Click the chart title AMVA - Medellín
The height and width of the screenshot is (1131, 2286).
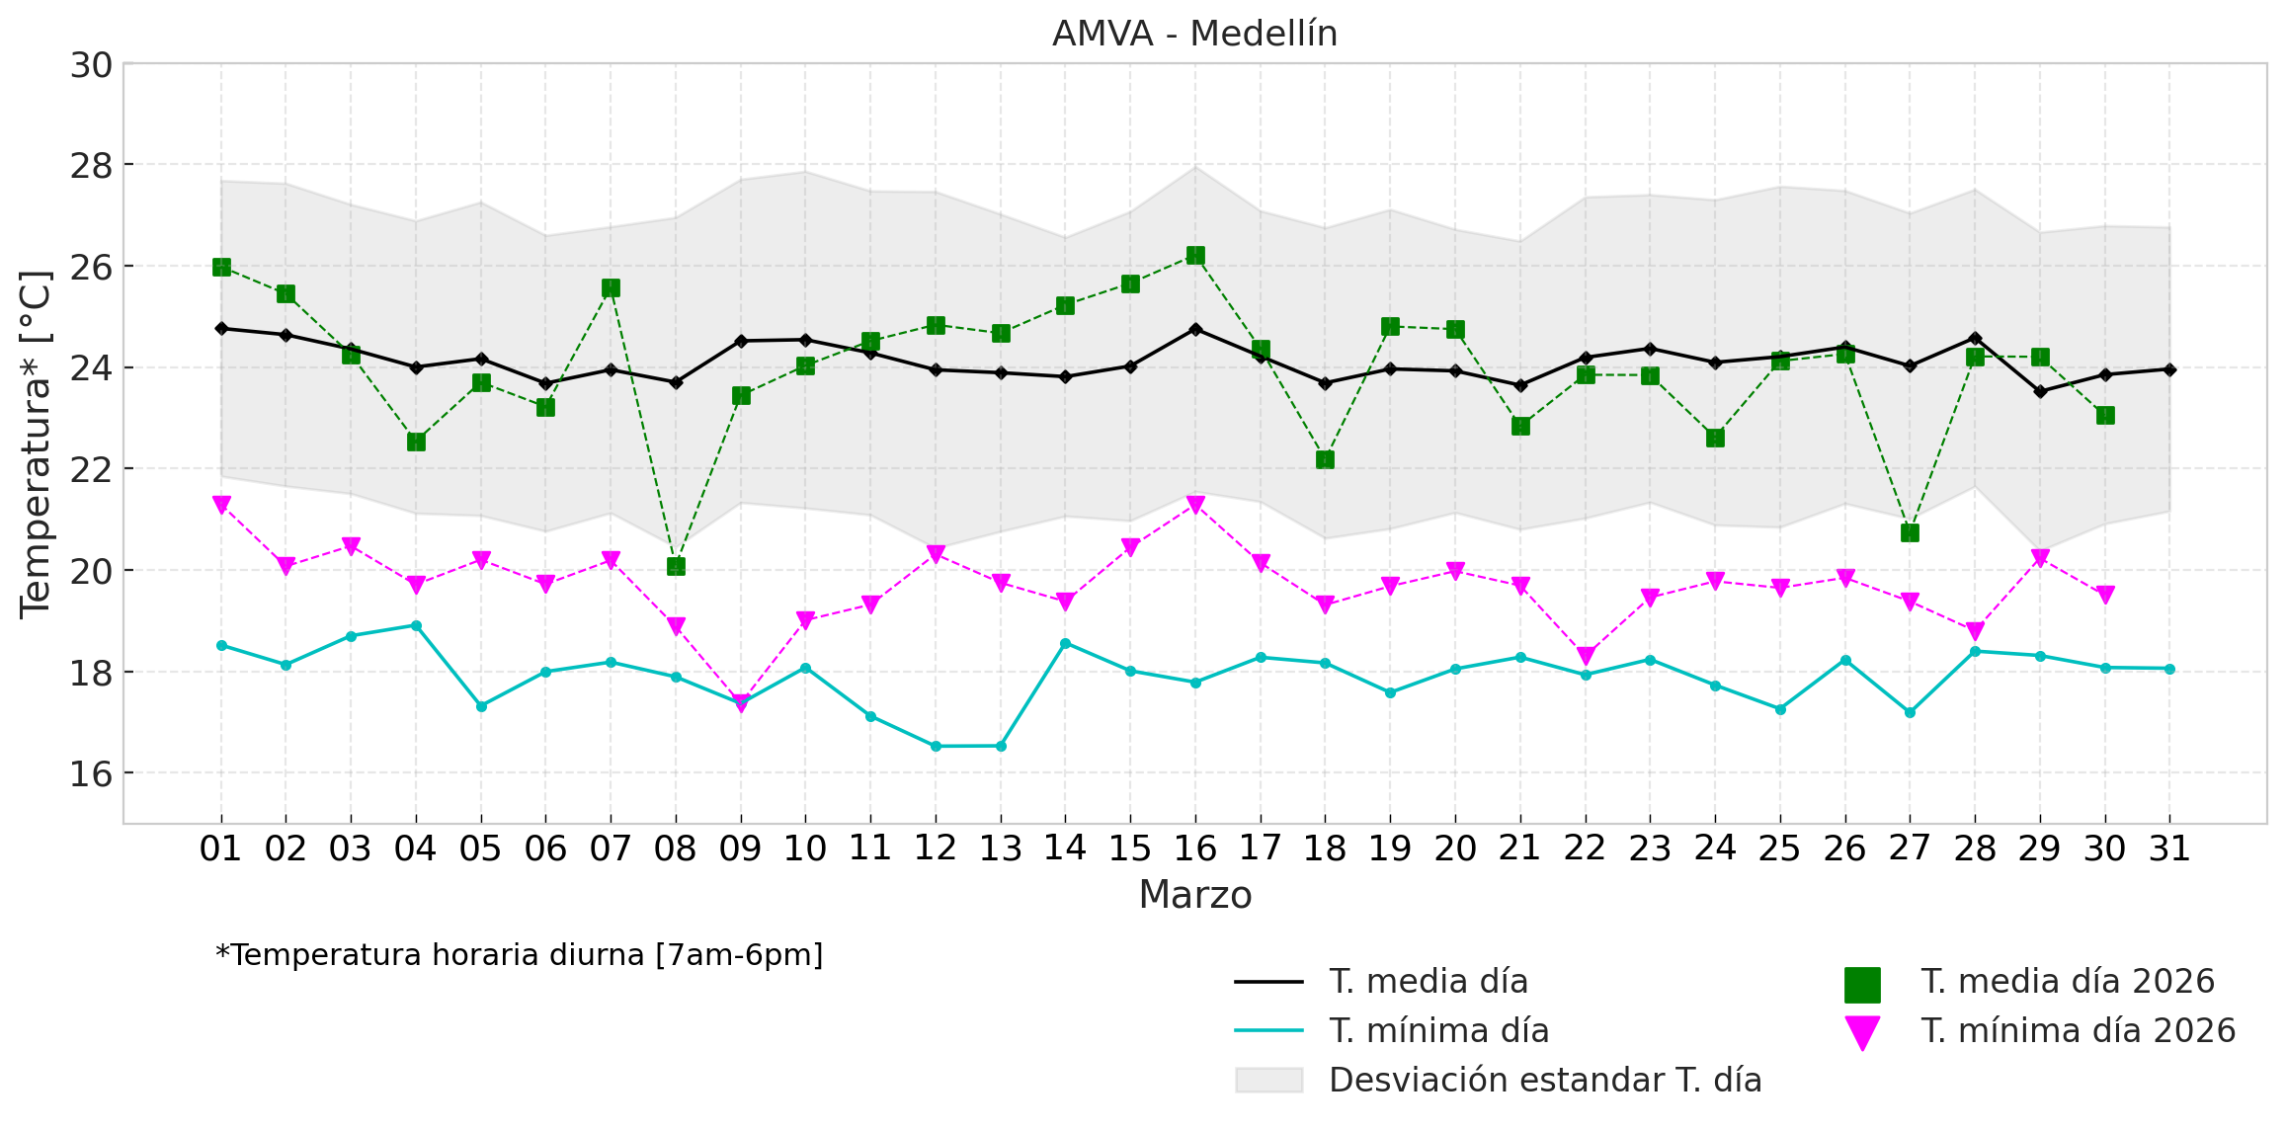click(x=1194, y=34)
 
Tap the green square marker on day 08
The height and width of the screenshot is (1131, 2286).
click(x=676, y=566)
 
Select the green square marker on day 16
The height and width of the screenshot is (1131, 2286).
click(x=1195, y=255)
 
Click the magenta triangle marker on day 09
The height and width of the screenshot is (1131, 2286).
click(x=741, y=702)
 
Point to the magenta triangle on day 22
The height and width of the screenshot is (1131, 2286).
click(x=1586, y=655)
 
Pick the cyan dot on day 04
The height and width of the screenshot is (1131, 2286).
click(x=416, y=625)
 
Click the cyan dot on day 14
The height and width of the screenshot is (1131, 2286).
click(x=1065, y=643)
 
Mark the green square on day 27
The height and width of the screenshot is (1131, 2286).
click(x=1910, y=532)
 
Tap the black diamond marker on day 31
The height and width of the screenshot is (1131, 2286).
click(x=2169, y=369)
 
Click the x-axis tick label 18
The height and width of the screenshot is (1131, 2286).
click(x=1325, y=848)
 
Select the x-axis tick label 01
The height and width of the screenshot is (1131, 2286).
click(x=220, y=848)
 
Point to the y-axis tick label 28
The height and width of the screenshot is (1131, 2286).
click(x=91, y=166)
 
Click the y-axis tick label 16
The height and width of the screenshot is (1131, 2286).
click(x=91, y=773)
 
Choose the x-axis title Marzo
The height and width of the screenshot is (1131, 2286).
click(x=1194, y=895)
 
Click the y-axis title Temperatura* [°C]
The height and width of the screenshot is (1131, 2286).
click(x=36, y=444)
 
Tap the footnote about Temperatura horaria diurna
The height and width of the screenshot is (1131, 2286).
click(x=519, y=955)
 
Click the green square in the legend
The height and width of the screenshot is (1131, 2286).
click(x=1862, y=985)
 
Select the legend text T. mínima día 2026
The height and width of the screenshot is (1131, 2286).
click(x=2078, y=1030)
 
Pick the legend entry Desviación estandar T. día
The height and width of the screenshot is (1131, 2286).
click(x=1545, y=1080)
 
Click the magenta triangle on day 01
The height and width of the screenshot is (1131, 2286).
click(x=221, y=504)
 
